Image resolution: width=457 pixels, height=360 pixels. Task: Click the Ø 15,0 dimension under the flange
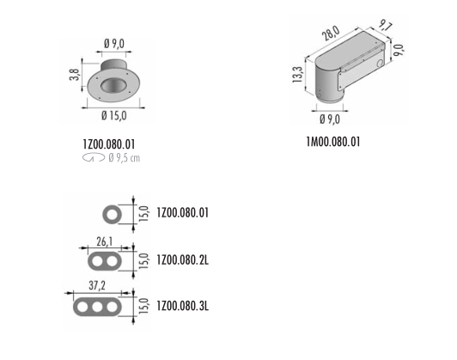coord(114,116)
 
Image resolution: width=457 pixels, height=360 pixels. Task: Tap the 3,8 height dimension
coord(75,75)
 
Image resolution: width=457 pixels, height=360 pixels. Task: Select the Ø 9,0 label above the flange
coord(114,44)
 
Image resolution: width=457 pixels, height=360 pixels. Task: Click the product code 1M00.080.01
coord(333,142)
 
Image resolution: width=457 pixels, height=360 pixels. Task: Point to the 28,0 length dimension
coord(331,33)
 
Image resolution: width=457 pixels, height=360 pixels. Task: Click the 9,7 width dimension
coord(386,26)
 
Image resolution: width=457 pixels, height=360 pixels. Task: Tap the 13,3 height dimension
coord(297,75)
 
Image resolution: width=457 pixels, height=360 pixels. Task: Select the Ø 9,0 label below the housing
coord(330,119)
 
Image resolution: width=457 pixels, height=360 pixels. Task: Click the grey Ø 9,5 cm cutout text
coord(125,158)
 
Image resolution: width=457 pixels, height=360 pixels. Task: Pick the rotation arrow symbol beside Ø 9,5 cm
coord(94,158)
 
